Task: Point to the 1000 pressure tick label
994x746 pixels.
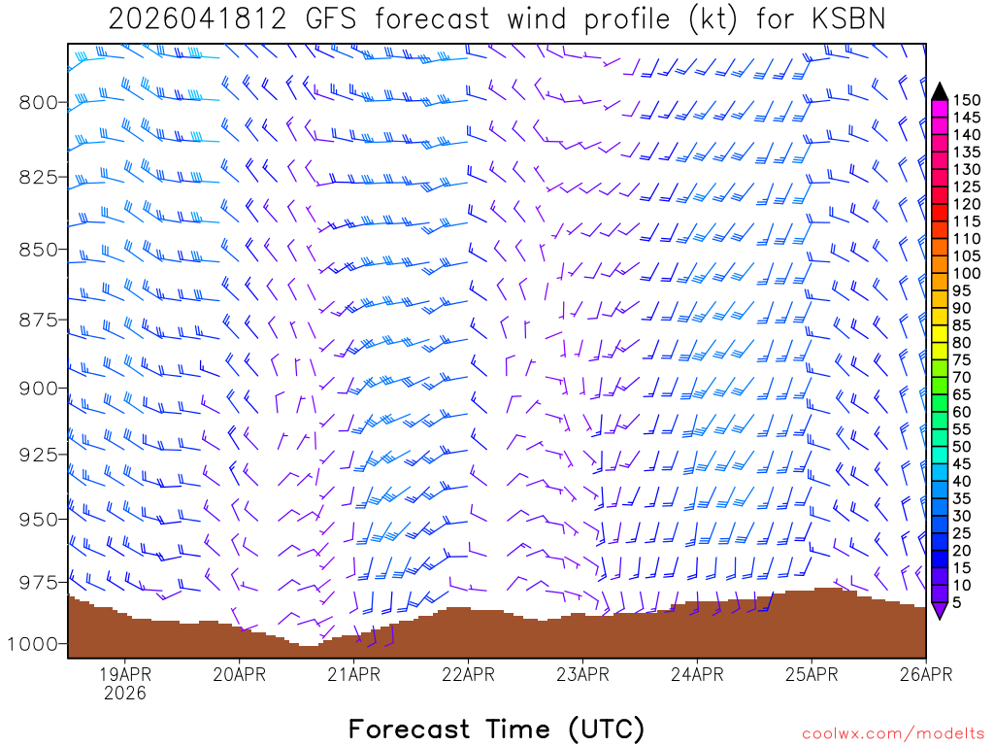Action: pos(40,644)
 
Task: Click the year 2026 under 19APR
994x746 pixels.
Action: pos(125,694)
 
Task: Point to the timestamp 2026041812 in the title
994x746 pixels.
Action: pos(197,19)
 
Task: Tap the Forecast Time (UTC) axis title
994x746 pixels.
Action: pos(496,729)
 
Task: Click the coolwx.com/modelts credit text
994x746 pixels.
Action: pos(893,733)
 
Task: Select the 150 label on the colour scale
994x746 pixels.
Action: pos(967,100)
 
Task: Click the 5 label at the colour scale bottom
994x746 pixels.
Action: pos(959,602)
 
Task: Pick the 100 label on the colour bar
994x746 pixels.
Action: pos(967,273)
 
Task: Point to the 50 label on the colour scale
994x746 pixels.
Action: pos(963,446)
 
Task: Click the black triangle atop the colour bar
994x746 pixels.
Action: pos(940,91)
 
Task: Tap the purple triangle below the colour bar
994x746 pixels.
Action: pos(940,610)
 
